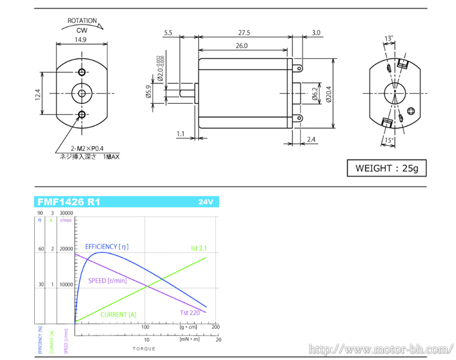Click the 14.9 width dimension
click(80, 40)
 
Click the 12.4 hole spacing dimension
click(38, 94)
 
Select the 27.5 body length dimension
click(245, 33)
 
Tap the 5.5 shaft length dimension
click(168, 33)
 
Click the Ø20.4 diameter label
click(328, 93)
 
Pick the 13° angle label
click(389, 39)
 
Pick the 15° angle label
click(389, 140)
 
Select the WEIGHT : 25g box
click(386, 169)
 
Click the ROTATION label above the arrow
click(82, 21)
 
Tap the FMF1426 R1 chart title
click(68, 202)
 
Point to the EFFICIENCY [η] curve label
click(107, 247)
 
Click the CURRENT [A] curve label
click(119, 314)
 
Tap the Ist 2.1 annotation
click(198, 248)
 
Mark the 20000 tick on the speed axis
click(67, 249)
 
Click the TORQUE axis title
click(144, 348)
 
